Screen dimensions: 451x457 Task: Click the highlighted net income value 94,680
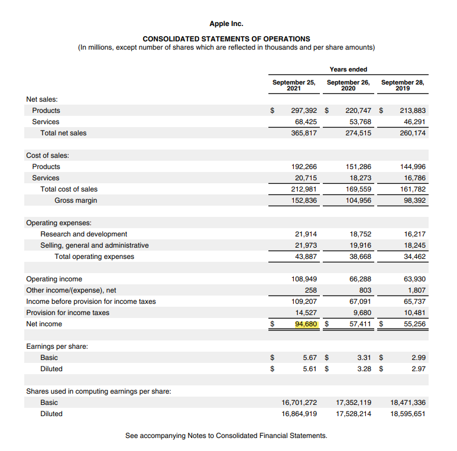tap(307, 324)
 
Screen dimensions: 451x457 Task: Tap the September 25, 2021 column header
tap(293, 85)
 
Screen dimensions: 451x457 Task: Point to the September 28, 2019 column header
tap(403, 85)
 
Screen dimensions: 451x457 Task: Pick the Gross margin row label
tap(76, 200)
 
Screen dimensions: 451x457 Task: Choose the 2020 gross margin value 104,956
tap(358, 200)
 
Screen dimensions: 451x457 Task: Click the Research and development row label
tap(83, 234)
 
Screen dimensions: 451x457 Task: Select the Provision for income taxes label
tap(67, 313)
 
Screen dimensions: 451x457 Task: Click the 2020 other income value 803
tap(365, 290)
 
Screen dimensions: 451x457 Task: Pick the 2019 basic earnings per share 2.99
tap(418, 358)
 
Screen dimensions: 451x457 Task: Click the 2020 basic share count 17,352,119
tap(354, 403)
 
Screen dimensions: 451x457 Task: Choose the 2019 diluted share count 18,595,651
tap(408, 414)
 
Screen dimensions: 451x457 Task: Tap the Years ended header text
tap(348, 70)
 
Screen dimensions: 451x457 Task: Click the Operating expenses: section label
tap(59, 223)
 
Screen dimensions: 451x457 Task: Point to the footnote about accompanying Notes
tap(226, 436)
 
